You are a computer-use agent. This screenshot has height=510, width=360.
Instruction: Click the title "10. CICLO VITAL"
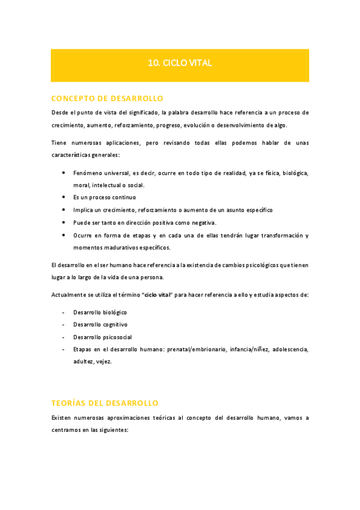180,63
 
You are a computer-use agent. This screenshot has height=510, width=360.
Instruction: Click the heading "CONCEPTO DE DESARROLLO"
107,98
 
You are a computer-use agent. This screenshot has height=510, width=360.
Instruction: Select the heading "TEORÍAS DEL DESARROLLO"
105,402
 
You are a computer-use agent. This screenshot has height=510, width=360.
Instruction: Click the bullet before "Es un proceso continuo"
64,197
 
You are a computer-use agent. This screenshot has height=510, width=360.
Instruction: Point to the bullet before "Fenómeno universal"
64,173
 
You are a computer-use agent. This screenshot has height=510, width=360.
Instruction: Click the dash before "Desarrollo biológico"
64,313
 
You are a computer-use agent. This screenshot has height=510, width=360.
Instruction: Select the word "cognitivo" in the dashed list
114,325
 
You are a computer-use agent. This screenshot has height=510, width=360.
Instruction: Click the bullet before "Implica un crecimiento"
64,210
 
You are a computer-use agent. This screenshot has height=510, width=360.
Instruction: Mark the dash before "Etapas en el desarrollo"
64,349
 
